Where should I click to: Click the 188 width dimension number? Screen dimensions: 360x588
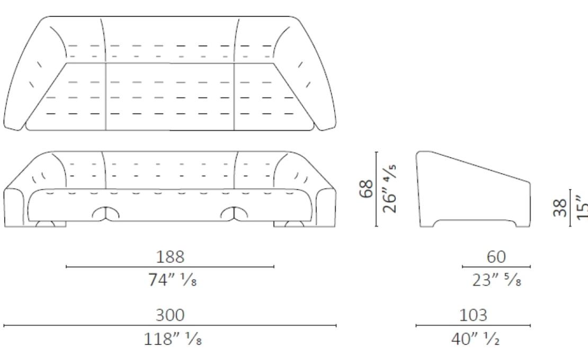170,257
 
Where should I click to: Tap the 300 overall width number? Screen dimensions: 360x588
170,315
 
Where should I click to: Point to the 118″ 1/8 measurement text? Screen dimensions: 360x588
172,339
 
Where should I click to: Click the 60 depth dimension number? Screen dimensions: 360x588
496,257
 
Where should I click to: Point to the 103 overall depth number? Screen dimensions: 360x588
473,315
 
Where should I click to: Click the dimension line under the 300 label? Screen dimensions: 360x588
170,326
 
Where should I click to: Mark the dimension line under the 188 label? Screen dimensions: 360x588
170,267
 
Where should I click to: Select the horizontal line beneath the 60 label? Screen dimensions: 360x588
496,267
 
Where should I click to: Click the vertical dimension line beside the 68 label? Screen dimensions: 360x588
377,189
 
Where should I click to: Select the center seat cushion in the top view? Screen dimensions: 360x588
171,95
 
